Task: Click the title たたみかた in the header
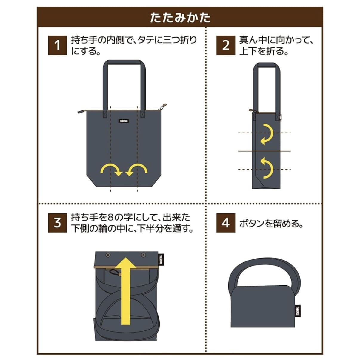180,18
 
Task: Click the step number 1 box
57,46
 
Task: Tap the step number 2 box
226,46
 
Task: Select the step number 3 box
57,223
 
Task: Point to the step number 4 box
226,223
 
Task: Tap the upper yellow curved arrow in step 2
267,134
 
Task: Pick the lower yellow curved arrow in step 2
267,168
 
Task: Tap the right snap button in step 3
144,255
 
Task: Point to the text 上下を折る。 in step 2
264,51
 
